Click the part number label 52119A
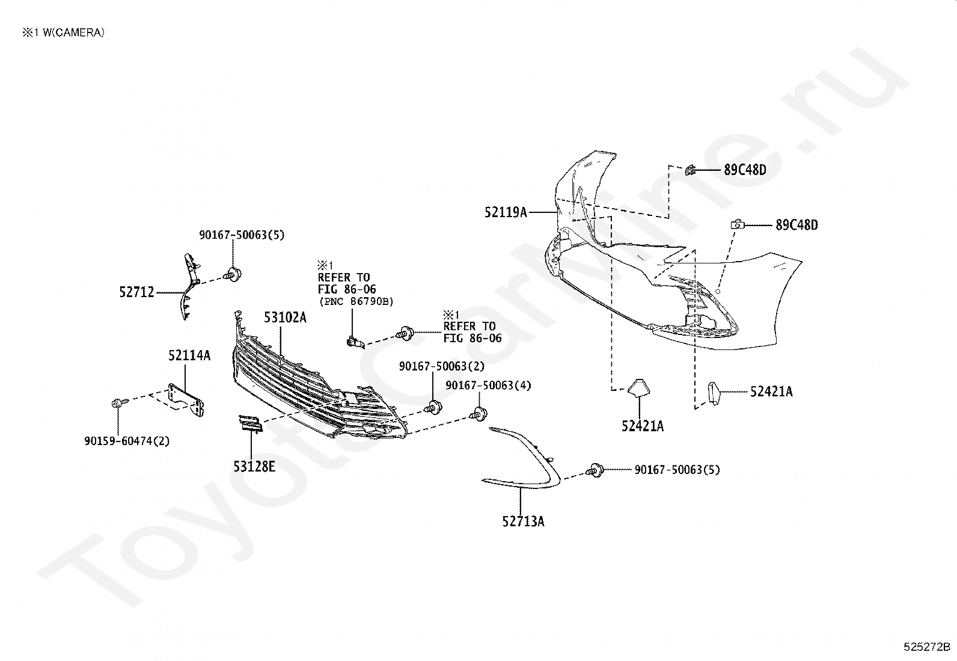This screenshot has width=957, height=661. tap(506, 212)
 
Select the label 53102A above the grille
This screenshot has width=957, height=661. tap(285, 317)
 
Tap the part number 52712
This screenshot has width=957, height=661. tap(136, 292)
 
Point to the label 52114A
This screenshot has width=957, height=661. tap(189, 355)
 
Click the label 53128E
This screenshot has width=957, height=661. tap(254, 467)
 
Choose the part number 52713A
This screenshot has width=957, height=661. tap(524, 521)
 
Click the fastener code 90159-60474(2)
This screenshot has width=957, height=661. tap(127, 441)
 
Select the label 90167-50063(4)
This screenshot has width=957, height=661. tap(488, 385)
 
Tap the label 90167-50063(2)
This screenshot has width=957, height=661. tap(442, 366)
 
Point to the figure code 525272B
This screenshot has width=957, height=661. tap(927, 647)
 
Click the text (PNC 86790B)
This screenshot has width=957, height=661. tap(356, 301)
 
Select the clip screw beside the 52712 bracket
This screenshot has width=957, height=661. tap(233, 274)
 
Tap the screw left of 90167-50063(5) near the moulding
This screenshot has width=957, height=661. tap(595, 470)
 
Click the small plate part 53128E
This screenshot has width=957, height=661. tap(250, 423)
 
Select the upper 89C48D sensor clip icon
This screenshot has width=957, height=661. tap(690, 170)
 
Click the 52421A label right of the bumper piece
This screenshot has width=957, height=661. tap(771, 391)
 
